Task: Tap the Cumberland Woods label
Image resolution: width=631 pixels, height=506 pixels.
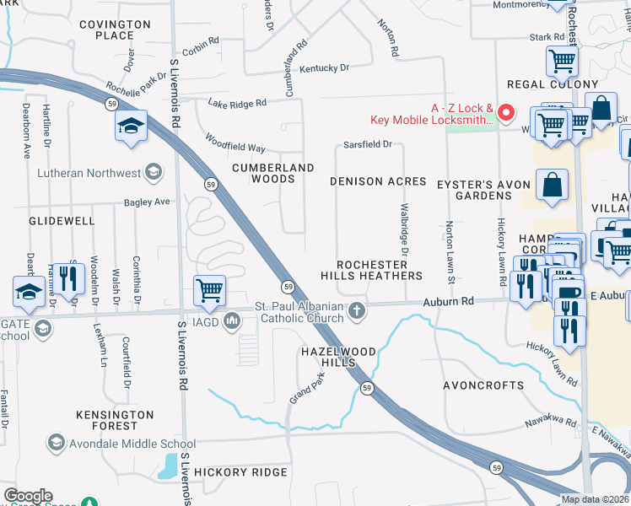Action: click(x=273, y=173)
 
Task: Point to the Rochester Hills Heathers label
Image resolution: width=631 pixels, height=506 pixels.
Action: click(x=371, y=270)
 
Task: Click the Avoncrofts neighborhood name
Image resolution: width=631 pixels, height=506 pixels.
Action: click(x=483, y=385)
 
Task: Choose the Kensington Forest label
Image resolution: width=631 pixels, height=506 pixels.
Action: click(x=115, y=422)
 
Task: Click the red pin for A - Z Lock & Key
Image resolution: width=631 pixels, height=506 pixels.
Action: click(x=506, y=111)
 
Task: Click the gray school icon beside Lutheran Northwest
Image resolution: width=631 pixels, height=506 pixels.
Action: click(x=153, y=173)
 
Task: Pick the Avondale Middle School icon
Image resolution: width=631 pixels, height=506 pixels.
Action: click(x=57, y=443)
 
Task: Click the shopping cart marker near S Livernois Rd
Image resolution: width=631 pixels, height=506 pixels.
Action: click(x=208, y=291)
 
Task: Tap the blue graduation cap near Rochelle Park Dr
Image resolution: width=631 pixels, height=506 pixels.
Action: click(x=132, y=126)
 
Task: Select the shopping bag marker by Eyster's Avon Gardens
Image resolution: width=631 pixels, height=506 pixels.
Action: click(x=552, y=186)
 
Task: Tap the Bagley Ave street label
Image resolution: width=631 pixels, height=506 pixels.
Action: click(x=147, y=202)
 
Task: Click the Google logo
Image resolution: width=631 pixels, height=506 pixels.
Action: click(x=27, y=496)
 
